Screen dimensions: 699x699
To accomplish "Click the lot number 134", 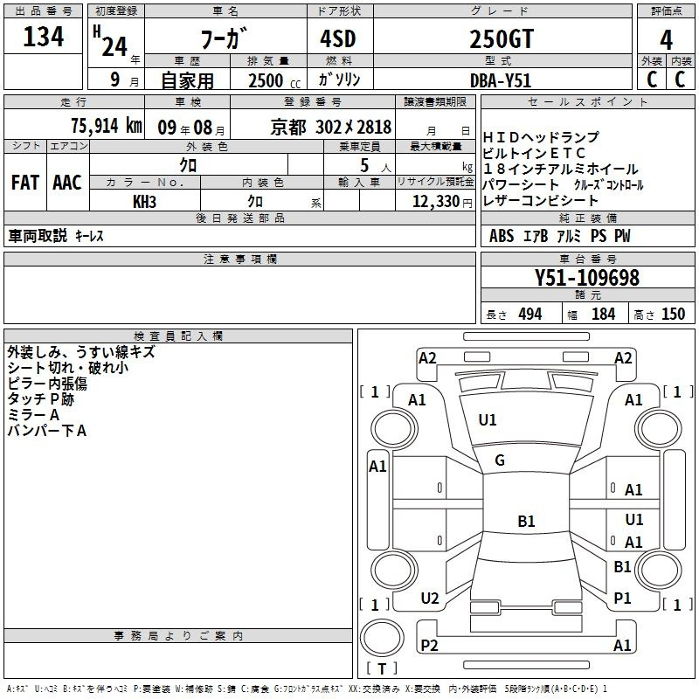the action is point(43,38).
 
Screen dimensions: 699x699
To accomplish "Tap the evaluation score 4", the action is point(667,39).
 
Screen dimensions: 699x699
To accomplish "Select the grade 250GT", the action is point(501,39).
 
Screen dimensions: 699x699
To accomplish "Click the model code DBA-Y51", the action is point(501,80).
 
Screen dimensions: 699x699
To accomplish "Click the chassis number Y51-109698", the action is point(586,278).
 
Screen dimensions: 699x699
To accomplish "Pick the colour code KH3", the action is point(144,201).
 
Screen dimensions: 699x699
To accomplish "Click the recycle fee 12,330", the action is point(434,201).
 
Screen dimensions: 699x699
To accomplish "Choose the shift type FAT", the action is point(25,183).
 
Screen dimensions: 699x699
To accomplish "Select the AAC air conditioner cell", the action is point(67,183).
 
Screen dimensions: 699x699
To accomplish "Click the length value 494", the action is point(529,314).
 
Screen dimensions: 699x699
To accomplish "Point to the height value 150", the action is point(673,314).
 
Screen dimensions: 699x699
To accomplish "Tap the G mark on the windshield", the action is point(500,460).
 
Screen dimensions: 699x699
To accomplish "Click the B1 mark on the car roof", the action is point(526,522).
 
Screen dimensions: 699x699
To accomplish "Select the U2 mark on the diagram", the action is point(429,599).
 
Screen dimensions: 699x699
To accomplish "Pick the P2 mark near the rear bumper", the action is point(429,645).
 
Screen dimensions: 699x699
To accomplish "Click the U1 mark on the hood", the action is point(488,420).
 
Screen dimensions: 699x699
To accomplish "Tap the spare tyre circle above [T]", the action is point(382,639).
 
